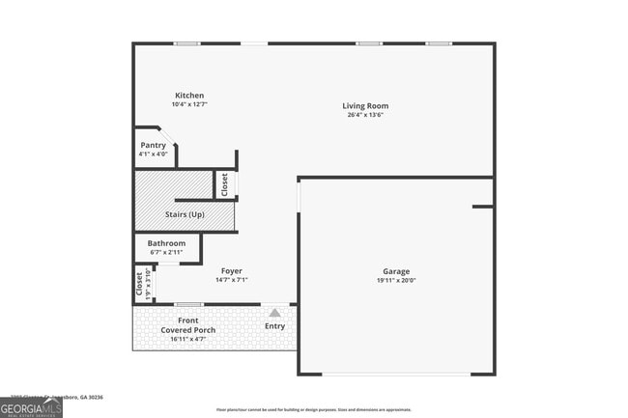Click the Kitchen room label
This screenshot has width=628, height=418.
pos(189,96)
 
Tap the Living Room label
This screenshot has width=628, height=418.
pos(365,106)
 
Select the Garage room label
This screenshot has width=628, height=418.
pos(396,271)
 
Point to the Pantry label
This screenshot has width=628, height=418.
pos(153,145)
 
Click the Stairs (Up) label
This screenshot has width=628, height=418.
pos(185,214)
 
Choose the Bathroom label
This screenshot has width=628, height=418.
pos(166,243)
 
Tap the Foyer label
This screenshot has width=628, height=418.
pos(231,271)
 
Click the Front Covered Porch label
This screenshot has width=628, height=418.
pos(188,325)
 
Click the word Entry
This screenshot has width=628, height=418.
pos(275,326)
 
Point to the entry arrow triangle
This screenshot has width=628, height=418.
pos(275,313)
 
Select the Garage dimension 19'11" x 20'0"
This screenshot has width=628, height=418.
pos(396,281)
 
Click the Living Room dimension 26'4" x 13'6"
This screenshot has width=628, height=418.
pos(365,115)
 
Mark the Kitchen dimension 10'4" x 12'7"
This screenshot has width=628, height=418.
pos(189,104)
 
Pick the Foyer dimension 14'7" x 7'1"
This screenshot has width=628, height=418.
pos(231,280)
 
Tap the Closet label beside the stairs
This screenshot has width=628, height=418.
pos(224,184)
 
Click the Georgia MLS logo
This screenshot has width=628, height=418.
pos(32,408)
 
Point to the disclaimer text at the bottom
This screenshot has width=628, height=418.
pos(313,410)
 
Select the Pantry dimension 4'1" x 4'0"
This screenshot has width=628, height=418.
pos(153,153)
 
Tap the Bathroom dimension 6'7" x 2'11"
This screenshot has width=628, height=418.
pos(166,252)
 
